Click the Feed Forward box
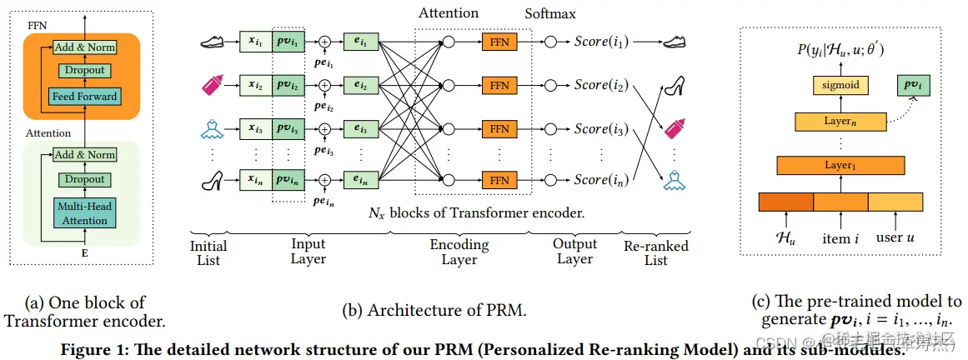coord(84,96)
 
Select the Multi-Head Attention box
coord(84,213)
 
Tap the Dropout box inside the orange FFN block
coord(84,72)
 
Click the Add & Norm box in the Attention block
coord(84,155)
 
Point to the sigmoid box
coord(840,85)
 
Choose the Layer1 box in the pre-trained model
coord(840,165)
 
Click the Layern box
coord(840,122)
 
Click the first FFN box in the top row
coord(499,41)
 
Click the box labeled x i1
coord(254,41)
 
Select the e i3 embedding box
coord(361,129)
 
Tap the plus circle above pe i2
coord(325,85)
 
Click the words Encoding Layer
coord(459,252)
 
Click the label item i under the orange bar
coord(841,238)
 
